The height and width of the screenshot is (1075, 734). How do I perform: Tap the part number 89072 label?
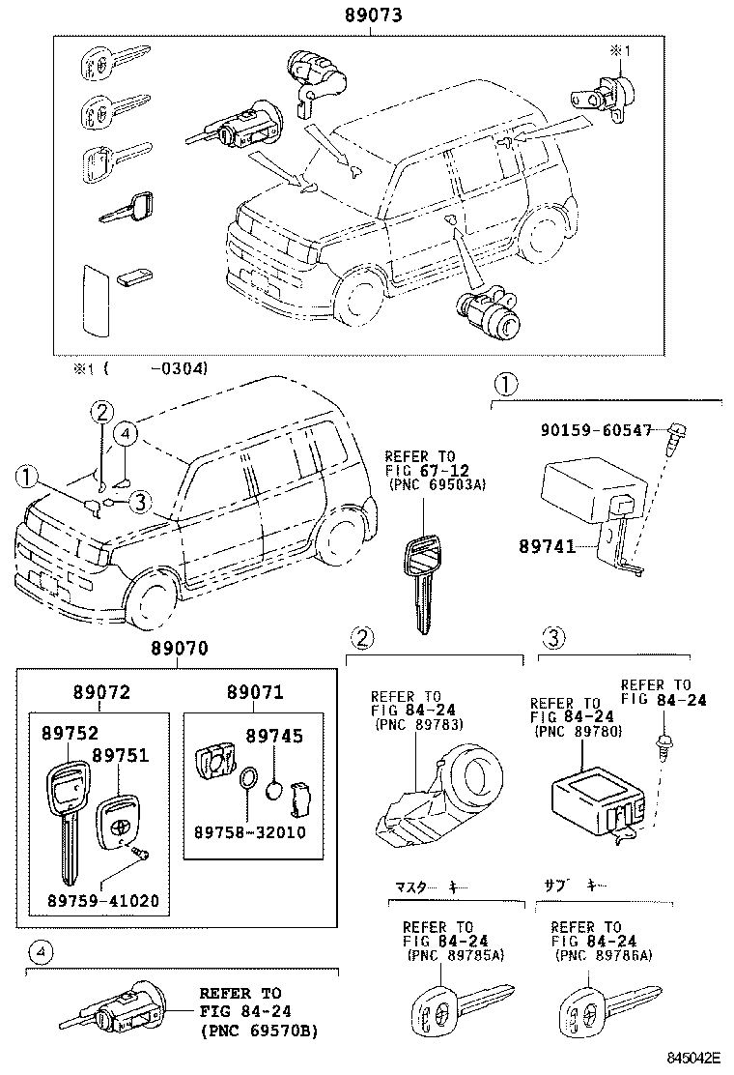point(99,692)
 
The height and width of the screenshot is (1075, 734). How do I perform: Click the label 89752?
point(68,734)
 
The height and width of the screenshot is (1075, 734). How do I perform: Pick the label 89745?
point(276,737)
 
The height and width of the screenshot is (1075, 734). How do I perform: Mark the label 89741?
point(552,547)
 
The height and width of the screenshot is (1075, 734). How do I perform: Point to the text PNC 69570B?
point(259,1031)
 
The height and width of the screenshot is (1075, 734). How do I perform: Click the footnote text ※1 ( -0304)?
point(141,368)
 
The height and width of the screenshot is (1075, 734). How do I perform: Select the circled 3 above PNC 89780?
point(552,637)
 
